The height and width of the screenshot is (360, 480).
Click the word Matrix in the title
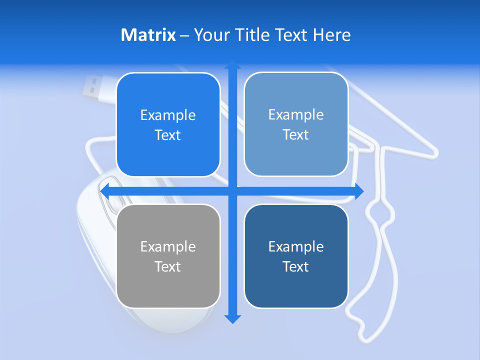tap(148, 35)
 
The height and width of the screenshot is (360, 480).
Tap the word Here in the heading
tap(332, 35)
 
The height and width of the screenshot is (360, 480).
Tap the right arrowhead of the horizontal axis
tap(359, 191)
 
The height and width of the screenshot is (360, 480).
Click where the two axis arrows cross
tap(232, 191)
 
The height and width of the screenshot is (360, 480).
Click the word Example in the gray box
tap(168, 246)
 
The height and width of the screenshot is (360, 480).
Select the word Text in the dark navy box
tap(296, 266)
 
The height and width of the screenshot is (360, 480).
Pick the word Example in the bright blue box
tap(168, 115)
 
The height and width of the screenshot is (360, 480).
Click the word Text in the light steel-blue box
tap(296, 134)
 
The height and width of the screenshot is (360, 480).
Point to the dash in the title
tap(184, 35)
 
